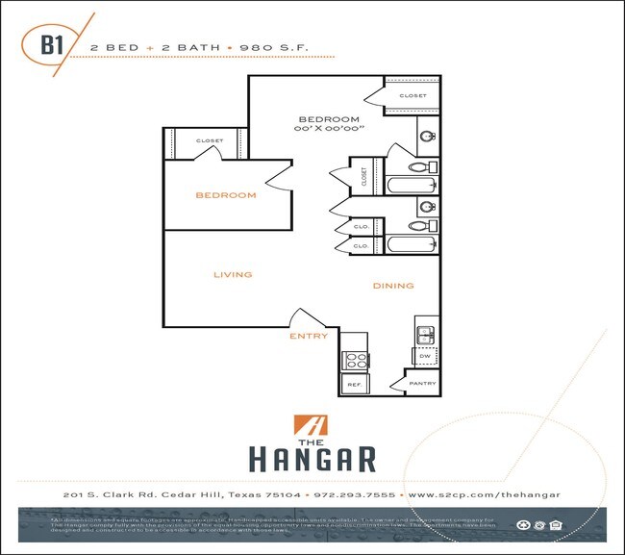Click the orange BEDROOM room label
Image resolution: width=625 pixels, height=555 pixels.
click(226, 195)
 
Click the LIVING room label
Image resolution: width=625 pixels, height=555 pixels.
click(233, 275)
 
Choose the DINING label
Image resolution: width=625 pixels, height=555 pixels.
click(393, 286)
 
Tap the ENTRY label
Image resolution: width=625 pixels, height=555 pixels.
click(309, 337)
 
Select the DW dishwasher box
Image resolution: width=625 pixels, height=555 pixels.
click(425, 356)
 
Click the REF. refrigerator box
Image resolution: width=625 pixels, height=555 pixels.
click(353, 384)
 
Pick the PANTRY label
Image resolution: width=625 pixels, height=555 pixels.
click(422, 384)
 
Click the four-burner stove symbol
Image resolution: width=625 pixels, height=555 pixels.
click(355, 360)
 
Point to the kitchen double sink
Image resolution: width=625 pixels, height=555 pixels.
click(425, 335)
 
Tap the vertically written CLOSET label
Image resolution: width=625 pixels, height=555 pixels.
click(364, 177)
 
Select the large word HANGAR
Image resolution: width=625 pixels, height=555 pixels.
click(312, 457)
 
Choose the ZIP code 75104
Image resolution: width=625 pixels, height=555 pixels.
click(283, 494)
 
